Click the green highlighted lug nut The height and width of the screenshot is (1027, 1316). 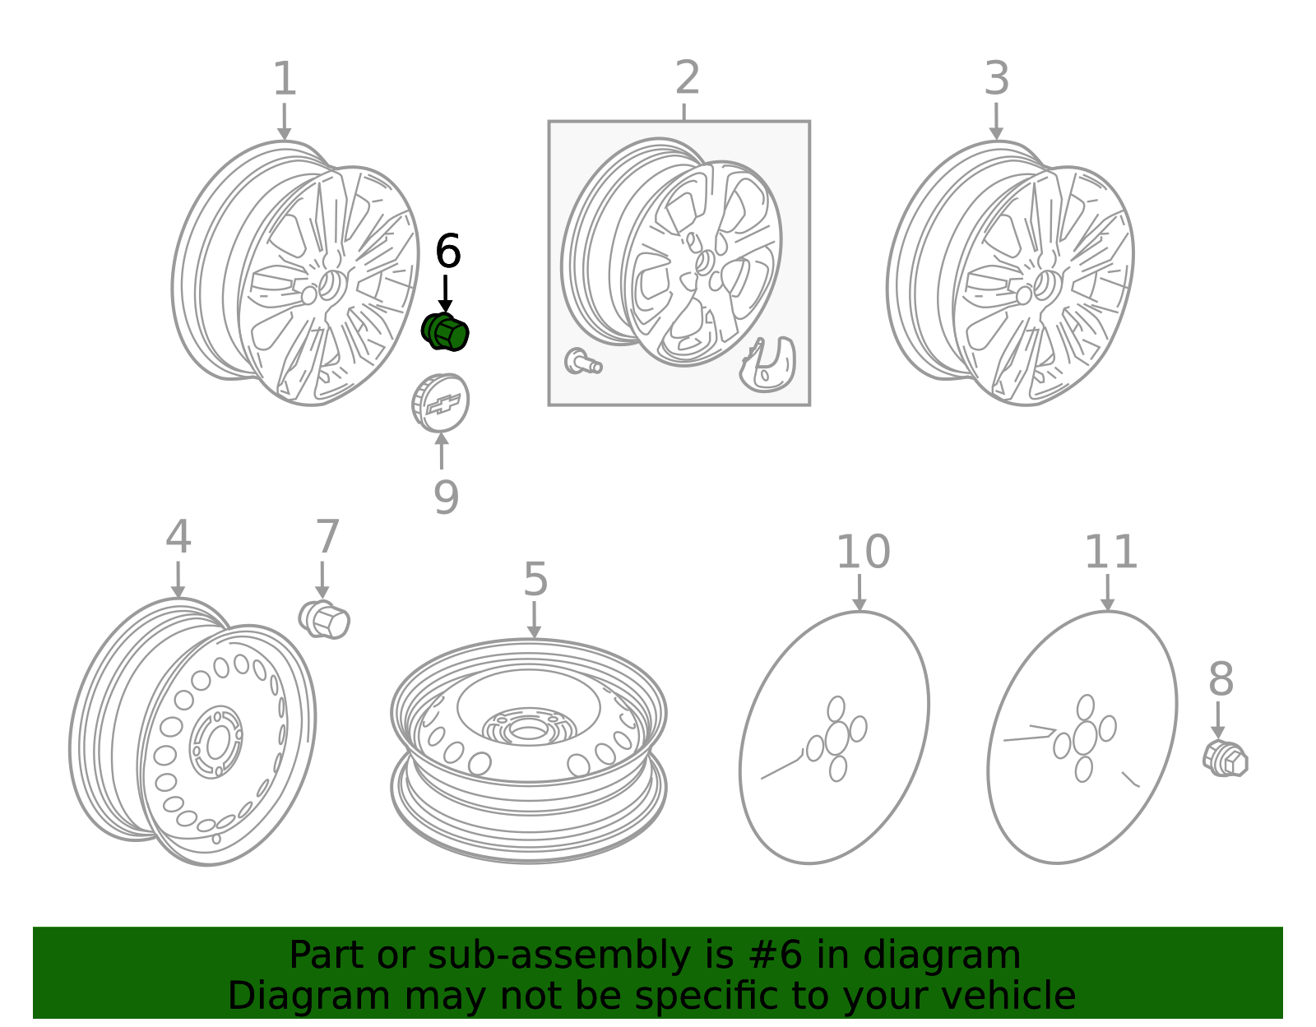click(445, 331)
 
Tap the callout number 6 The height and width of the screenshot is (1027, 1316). click(448, 251)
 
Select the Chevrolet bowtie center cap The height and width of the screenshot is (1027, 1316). click(440, 403)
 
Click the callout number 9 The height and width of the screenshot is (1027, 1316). click(447, 497)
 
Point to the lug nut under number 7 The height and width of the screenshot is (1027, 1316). click(324, 620)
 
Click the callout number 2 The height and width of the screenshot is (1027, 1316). click(688, 77)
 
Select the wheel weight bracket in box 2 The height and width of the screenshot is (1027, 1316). click(767, 365)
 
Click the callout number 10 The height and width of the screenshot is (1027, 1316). click(863, 552)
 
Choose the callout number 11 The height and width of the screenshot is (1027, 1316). click(1111, 552)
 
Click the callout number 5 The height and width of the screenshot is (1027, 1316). click(535, 579)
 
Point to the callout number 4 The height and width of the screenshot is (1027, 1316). click(178, 536)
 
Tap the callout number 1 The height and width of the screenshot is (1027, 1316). click(285, 78)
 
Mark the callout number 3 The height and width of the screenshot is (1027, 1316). click(997, 78)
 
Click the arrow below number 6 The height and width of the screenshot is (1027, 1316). click(445, 294)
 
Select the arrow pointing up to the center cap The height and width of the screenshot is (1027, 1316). click(442, 451)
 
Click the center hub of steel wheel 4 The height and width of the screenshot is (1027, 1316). click(215, 742)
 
